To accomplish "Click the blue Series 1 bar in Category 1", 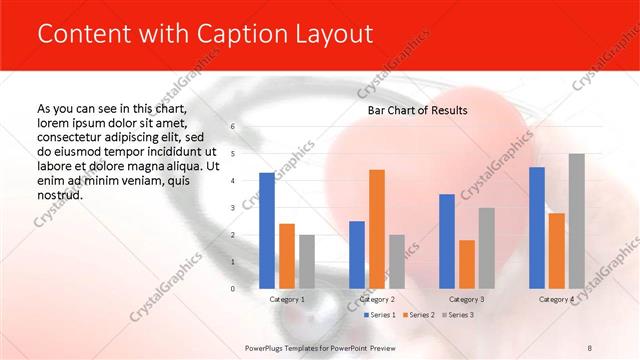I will [x=267, y=231].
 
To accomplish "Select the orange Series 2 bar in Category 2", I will [x=377, y=229].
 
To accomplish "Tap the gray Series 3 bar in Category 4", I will [x=576, y=221].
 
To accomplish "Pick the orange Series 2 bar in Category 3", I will [x=466, y=264].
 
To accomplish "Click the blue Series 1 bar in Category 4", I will [x=537, y=228].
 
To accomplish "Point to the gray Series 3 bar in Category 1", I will [x=306, y=262].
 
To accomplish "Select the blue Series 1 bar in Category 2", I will [x=357, y=255].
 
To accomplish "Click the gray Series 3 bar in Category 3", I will [x=486, y=248].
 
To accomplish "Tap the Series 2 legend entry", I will [x=417, y=315].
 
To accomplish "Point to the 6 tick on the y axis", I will [x=232, y=127].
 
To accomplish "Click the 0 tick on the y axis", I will [x=232, y=289].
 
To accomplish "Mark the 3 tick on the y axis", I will [x=232, y=208].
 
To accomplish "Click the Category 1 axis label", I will [x=287, y=299].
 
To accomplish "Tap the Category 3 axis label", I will [x=466, y=299].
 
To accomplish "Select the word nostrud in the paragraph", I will [x=59, y=195].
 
